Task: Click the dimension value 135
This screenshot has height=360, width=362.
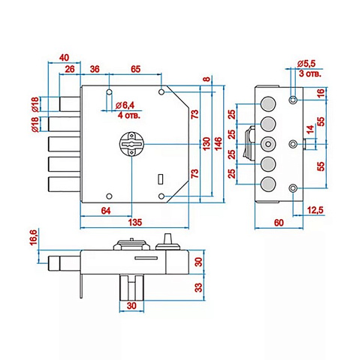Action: [135, 222]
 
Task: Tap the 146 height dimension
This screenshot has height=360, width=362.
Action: [218, 143]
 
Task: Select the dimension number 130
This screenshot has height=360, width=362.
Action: [207, 143]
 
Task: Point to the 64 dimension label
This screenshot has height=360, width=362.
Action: [106, 211]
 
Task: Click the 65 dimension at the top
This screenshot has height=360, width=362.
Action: [136, 69]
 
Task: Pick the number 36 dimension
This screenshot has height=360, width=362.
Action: [95, 69]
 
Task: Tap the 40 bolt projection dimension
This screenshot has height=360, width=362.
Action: [64, 58]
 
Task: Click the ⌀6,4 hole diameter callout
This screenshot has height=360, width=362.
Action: [125, 105]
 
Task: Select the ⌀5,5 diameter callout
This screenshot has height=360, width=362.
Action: [306, 64]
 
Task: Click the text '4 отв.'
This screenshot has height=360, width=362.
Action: [129, 115]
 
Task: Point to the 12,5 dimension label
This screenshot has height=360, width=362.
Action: [315, 211]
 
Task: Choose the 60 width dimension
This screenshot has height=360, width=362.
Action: [279, 222]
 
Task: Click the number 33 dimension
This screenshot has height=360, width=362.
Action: [198, 287]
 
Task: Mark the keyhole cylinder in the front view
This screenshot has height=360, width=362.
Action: [131, 144]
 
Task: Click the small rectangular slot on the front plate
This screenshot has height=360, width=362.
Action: [161, 178]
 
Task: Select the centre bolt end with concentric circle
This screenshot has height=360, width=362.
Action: [268, 144]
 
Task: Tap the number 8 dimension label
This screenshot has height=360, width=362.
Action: [207, 79]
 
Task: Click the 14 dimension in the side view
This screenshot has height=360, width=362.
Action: [310, 129]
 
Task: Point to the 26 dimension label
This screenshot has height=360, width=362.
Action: [70, 69]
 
